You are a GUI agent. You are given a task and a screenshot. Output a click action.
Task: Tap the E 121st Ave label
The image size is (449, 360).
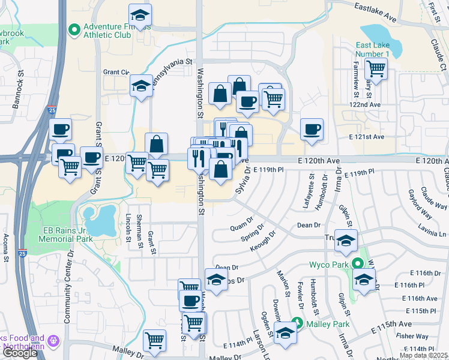366,137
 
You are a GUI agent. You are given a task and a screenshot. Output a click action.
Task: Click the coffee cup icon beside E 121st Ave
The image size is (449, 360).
312,130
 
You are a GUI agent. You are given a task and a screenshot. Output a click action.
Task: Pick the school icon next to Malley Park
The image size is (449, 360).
285,334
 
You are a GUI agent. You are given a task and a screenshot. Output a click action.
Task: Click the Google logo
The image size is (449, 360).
20,353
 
